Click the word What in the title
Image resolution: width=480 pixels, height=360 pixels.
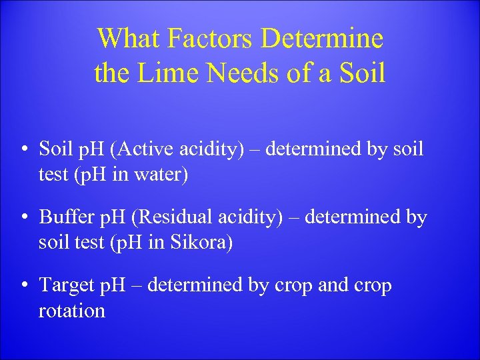click(x=127, y=39)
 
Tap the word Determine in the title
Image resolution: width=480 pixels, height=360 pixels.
click(x=322, y=39)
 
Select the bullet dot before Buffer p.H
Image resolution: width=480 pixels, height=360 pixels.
click(x=23, y=218)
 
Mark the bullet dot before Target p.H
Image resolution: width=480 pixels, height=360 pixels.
click(x=23, y=286)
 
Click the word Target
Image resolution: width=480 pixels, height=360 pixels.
click(x=65, y=285)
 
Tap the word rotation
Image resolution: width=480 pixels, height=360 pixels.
click(x=72, y=311)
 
